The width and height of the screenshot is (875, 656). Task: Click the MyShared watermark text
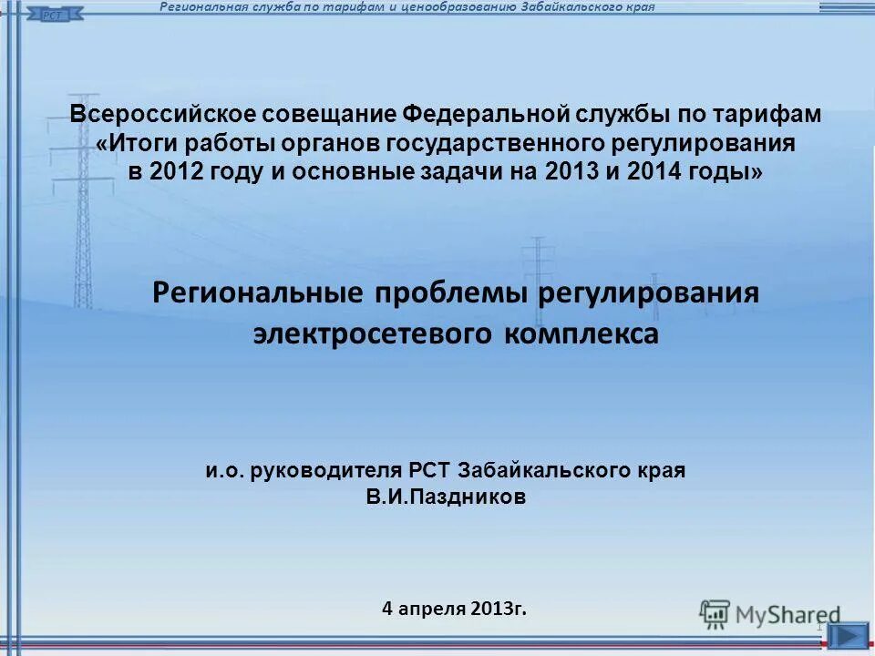[x=787, y=615]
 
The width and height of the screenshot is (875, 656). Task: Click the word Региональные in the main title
[x=258, y=293]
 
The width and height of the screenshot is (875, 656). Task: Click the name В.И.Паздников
[x=446, y=497]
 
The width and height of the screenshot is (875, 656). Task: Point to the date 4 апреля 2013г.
[x=454, y=608]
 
